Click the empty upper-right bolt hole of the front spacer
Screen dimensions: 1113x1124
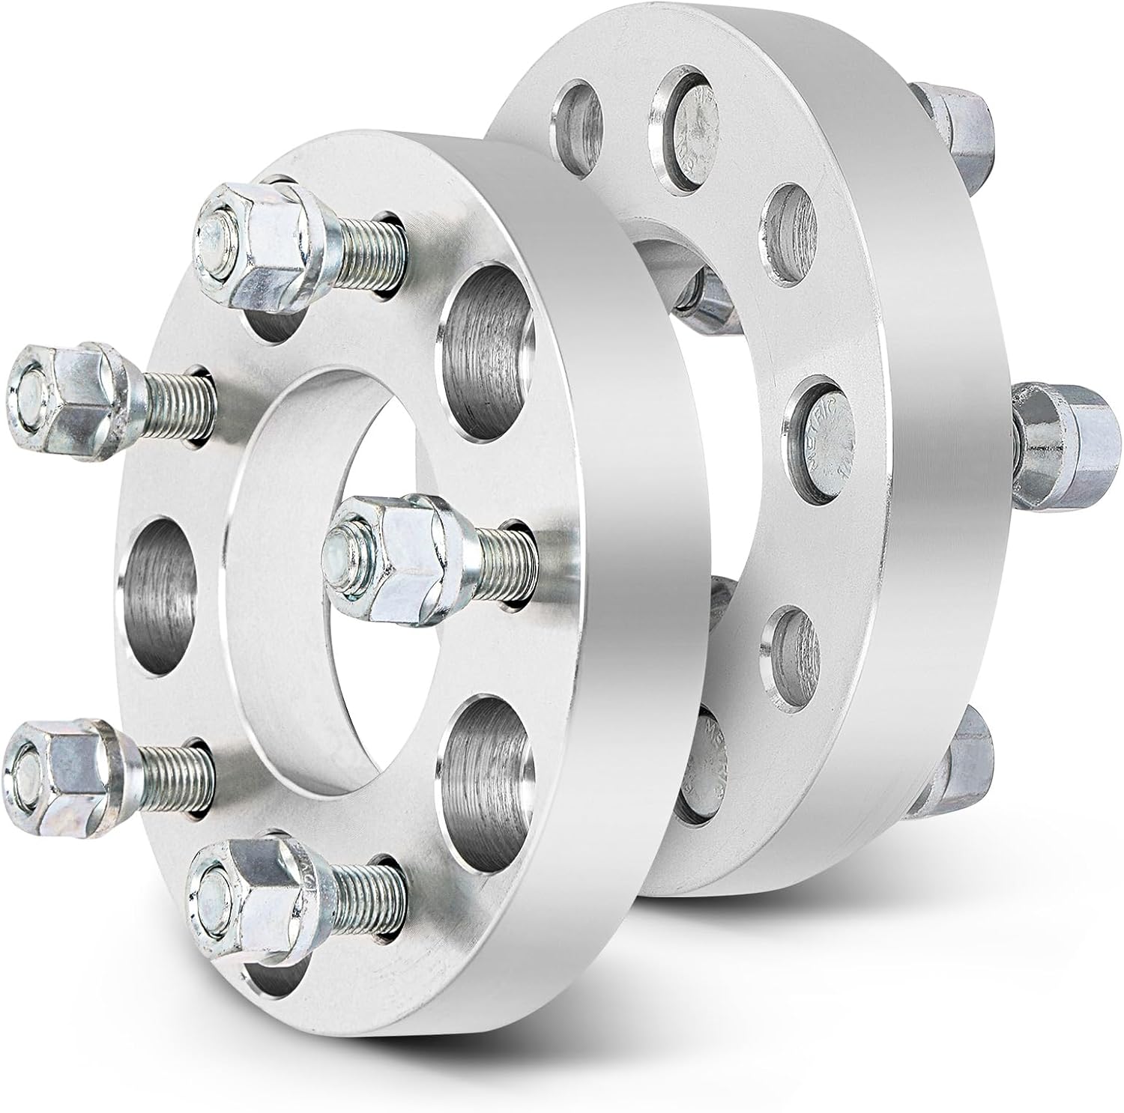coord(491,341)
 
